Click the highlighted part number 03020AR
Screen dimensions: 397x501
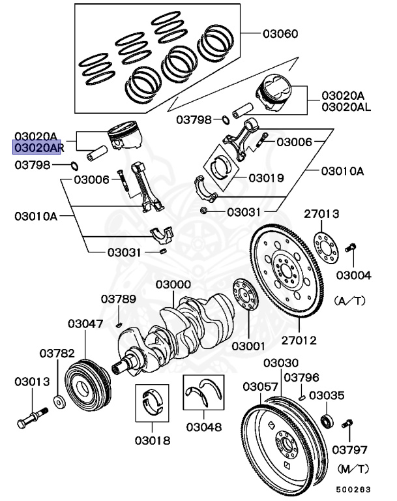click(39, 147)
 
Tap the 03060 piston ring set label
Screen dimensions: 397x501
click(280, 33)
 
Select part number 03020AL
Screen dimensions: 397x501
click(346, 107)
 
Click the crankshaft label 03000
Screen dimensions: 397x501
click(173, 284)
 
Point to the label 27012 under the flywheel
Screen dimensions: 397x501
click(299, 340)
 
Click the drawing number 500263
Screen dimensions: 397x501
click(353, 489)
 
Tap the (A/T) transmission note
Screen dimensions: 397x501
click(349, 301)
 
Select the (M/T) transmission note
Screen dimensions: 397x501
click(353, 469)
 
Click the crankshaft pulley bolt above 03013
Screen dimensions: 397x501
click(32, 417)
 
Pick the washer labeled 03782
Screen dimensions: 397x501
click(59, 402)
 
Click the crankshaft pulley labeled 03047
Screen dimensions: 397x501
click(88, 387)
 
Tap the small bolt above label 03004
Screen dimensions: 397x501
click(350, 248)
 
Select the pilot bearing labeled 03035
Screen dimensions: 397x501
click(327, 421)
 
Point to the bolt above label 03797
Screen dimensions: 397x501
click(347, 423)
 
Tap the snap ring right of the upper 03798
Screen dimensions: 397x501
click(226, 120)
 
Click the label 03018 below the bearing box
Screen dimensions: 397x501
click(153, 440)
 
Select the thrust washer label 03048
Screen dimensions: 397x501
click(204, 427)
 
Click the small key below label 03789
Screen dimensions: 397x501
click(119, 326)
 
